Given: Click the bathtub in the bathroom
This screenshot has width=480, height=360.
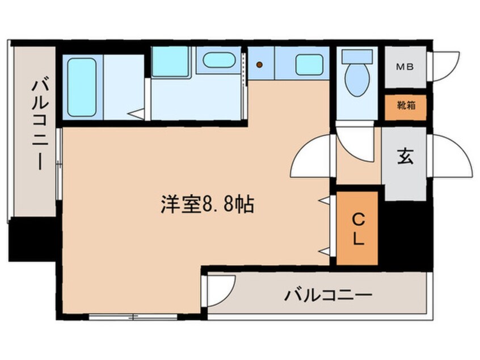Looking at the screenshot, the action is pyautogui.click(x=82, y=87).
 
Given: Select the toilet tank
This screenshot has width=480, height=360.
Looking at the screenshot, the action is pyautogui.click(x=357, y=56).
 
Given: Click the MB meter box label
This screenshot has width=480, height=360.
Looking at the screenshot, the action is pyautogui.click(x=405, y=66).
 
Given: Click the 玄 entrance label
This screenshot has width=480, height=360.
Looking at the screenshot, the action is pyautogui.click(x=405, y=156).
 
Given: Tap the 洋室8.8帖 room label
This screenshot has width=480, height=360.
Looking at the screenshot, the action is pyautogui.click(x=207, y=204).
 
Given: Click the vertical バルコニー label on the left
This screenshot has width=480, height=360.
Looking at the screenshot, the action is pyautogui.click(x=40, y=125).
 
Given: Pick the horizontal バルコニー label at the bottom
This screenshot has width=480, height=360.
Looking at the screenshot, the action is pyautogui.click(x=328, y=295).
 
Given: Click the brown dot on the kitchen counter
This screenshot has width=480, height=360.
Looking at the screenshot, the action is pyautogui.click(x=259, y=65).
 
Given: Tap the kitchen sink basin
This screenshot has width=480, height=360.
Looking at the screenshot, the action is pyautogui.click(x=309, y=65).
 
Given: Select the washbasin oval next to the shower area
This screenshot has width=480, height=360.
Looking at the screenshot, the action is pyautogui.click(x=219, y=60).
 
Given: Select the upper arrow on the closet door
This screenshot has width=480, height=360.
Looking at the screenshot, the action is pyautogui.click(x=323, y=200).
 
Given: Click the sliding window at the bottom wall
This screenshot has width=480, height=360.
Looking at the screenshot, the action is pyautogui.click(x=133, y=317).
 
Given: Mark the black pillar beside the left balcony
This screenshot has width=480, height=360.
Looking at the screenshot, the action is pyautogui.click(x=32, y=239).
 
